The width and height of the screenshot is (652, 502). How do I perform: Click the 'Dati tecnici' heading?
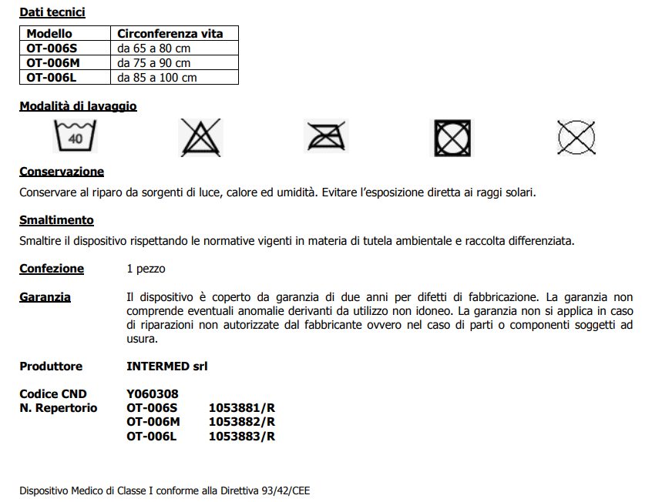[x=52, y=12]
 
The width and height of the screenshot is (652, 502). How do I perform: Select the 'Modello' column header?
[x=49, y=34]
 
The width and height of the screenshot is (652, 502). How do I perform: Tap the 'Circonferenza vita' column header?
[x=170, y=34]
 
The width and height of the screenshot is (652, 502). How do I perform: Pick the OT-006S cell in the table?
[x=52, y=48]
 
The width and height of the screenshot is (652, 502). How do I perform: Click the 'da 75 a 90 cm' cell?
[x=154, y=63]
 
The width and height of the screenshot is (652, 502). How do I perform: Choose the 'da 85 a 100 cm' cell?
[x=157, y=78]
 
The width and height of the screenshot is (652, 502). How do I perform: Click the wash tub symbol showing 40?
[x=76, y=137]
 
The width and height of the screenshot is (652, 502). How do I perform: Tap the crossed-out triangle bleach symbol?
[x=200, y=138]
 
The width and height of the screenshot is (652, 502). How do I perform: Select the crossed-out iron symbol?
[x=326, y=138]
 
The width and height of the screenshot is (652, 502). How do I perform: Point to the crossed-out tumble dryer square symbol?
[x=450, y=139]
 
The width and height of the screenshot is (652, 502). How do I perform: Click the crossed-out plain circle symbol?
[x=576, y=139]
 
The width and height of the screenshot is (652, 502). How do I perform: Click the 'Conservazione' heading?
[x=62, y=172]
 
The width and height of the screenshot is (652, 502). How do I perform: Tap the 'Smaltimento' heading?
[x=57, y=221]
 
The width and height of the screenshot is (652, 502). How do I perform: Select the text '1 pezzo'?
[x=146, y=269]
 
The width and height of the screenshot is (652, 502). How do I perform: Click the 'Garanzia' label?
[x=45, y=297]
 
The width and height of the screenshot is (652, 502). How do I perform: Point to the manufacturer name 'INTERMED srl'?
[x=167, y=366]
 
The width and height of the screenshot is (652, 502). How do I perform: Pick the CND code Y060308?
[x=153, y=395]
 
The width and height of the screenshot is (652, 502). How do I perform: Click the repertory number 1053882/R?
[x=242, y=423]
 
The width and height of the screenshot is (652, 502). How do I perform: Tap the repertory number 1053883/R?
[x=242, y=437]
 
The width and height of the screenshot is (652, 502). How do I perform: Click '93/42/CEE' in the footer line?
[x=285, y=490]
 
